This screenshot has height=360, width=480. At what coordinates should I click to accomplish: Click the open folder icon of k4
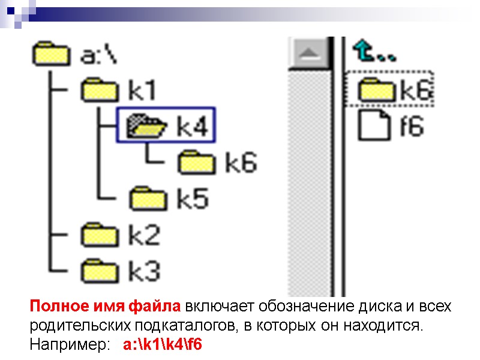click(x=146, y=127)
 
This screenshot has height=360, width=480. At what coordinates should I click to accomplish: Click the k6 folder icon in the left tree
click(x=196, y=163)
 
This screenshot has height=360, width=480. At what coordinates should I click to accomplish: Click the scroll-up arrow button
click(x=310, y=53)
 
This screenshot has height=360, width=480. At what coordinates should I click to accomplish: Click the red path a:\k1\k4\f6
click(x=163, y=345)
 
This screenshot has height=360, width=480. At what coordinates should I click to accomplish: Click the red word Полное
click(x=53, y=307)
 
